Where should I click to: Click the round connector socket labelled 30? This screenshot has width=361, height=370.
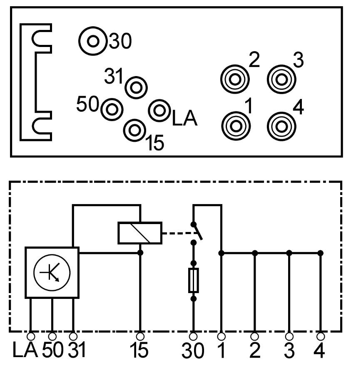tap(93, 41)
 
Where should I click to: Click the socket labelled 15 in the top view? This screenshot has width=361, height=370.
tap(134, 130)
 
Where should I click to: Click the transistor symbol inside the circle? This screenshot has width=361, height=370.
tap(52, 272)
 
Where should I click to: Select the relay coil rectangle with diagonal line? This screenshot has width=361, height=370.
tap(140, 233)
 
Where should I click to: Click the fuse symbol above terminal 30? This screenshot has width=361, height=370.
tap(193, 280)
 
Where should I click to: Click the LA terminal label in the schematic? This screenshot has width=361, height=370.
tap(25, 350)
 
